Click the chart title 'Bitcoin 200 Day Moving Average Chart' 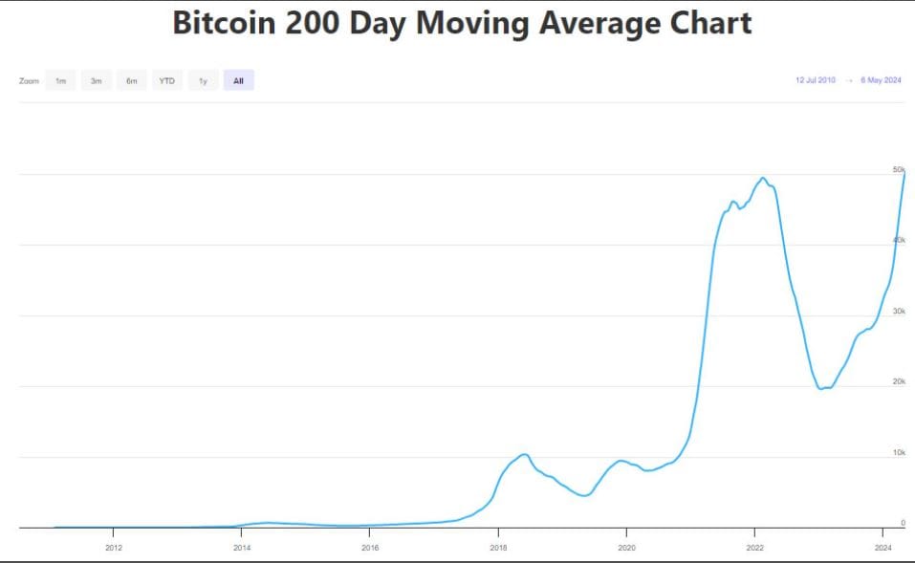click(x=462, y=23)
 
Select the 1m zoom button click(x=60, y=81)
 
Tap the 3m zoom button click(x=96, y=81)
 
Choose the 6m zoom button click(x=131, y=81)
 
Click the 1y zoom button click(x=203, y=81)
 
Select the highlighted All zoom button click(x=238, y=81)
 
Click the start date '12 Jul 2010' click(x=815, y=80)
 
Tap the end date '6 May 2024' click(x=881, y=80)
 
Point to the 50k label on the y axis click(x=899, y=170)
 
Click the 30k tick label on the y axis click(x=899, y=312)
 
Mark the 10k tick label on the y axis click(x=899, y=452)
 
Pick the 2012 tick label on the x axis click(x=114, y=548)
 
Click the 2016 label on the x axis click(x=370, y=548)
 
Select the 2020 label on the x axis click(x=626, y=548)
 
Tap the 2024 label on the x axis click(x=882, y=548)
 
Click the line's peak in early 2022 click(x=762, y=178)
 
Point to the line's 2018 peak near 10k click(x=524, y=454)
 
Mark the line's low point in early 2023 click(x=821, y=388)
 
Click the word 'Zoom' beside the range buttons click(x=29, y=81)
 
